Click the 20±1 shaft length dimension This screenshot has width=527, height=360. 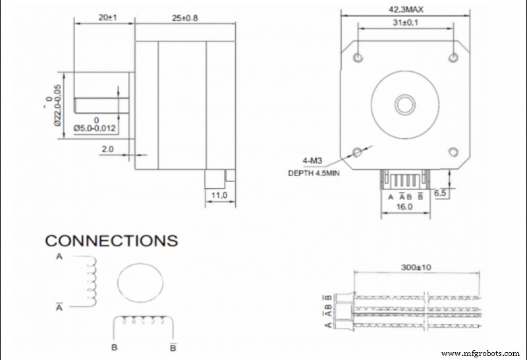point(104,18)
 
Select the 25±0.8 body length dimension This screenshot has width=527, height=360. point(185,18)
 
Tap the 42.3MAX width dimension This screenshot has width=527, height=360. point(406,9)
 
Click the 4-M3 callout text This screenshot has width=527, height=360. point(312,161)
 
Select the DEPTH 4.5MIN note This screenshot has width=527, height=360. point(315,174)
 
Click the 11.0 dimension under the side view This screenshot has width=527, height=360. point(219,195)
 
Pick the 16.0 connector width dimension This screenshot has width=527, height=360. point(404,206)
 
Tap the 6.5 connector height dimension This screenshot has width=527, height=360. point(440,193)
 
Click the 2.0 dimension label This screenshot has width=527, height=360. point(108,149)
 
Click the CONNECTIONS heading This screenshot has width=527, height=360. point(111,240)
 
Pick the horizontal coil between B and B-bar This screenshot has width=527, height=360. point(144,322)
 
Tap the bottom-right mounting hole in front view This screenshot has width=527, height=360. point(453,152)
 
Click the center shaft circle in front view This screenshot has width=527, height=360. point(403,104)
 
